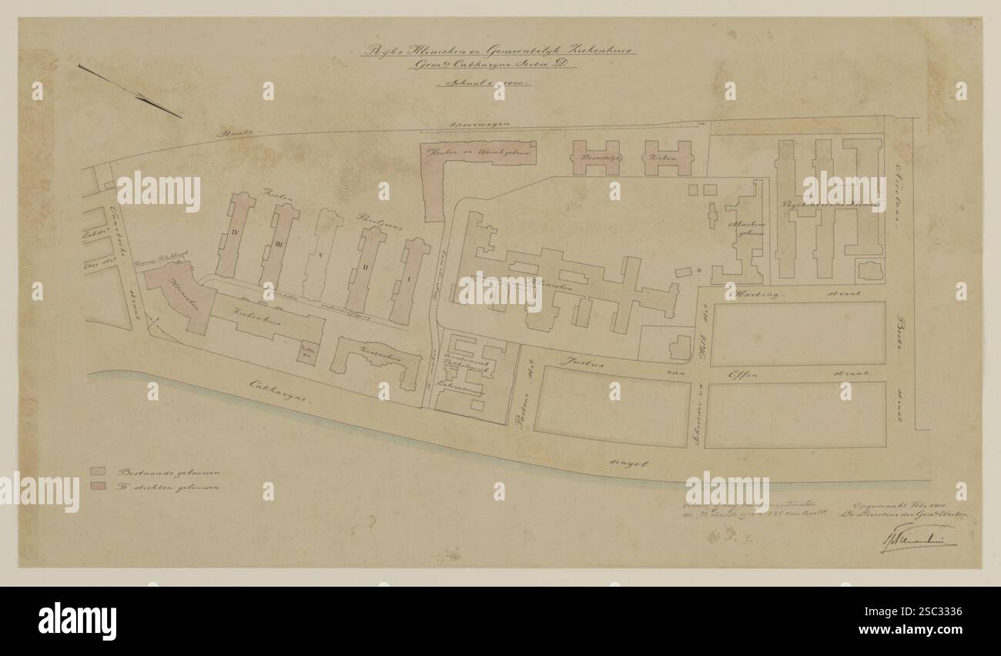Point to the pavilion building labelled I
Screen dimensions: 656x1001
pos(409,280)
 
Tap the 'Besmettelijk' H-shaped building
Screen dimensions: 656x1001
pos(595,157)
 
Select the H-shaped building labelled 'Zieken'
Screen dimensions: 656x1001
pos(667,157)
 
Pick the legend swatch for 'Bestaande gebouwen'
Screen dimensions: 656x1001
pos(98,471)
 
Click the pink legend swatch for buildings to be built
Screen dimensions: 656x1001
pos(98,486)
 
